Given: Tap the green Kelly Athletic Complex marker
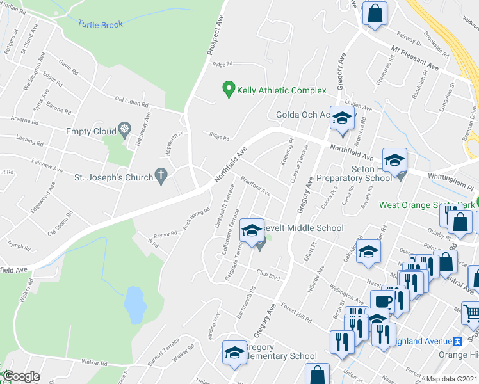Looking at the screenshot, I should point(227,90).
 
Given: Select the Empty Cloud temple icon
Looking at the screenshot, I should point(123,131).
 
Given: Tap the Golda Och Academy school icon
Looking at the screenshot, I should point(343,118).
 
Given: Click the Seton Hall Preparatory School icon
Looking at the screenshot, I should point(395,161).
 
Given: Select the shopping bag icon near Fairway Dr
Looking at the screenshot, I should point(375,12).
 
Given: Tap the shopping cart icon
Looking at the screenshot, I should point(472,313).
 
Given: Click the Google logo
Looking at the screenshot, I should point(20,376).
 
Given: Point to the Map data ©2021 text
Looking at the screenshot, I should point(451,379).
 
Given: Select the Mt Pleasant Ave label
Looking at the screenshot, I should point(416,56).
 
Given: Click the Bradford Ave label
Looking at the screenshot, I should point(256,186).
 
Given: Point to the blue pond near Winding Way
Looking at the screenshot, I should point(134,304).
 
